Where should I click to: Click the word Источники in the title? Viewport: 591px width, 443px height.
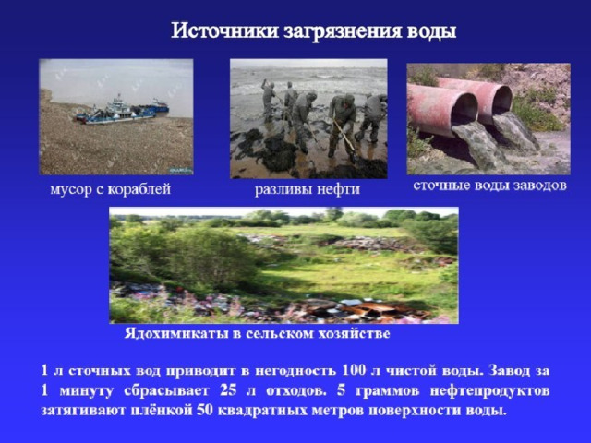point(225,30)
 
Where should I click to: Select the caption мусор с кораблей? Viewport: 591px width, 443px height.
point(111,188)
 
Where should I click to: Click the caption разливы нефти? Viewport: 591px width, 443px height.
point(308,189)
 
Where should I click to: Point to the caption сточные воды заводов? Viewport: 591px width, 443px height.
point(489,186)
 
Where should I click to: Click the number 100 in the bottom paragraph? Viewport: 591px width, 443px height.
point(354,370)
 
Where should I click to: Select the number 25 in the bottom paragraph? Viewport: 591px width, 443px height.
point(228,389)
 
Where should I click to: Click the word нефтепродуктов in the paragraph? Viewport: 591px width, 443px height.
point(489,390)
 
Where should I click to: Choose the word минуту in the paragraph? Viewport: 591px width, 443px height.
point(86,391)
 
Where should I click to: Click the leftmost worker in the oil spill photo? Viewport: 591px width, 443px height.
point(268,99)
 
